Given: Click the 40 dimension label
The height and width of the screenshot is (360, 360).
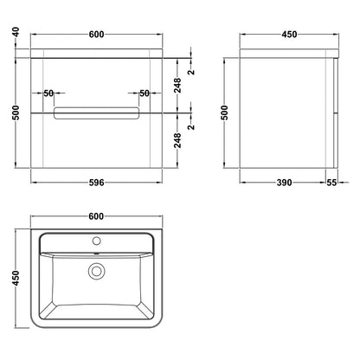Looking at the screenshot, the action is click(16, 32).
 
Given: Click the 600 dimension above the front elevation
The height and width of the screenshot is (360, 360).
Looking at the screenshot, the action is click(96, 35).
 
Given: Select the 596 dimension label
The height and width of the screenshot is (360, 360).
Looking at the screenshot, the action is click(96, 183).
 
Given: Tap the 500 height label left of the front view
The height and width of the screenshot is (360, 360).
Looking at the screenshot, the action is click(16, 112).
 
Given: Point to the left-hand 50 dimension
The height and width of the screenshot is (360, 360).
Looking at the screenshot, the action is click(48, 93).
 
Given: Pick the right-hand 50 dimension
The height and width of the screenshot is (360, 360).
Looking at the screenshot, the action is click(145, 93).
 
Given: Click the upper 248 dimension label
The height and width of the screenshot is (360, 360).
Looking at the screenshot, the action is click(177, 85).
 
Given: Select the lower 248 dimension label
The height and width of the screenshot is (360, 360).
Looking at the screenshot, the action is click(177, 140).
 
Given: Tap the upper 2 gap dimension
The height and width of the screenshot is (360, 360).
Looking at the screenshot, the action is click(191, 72).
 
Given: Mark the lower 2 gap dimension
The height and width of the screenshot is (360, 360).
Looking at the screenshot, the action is click(191, 126).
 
